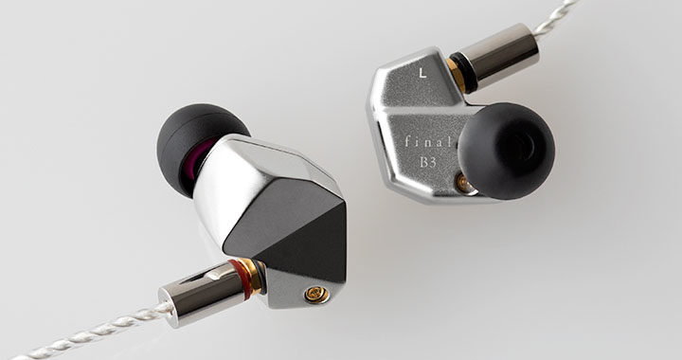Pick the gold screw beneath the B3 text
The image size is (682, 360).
[461, 184]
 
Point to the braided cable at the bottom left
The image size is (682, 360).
[85, 332]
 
